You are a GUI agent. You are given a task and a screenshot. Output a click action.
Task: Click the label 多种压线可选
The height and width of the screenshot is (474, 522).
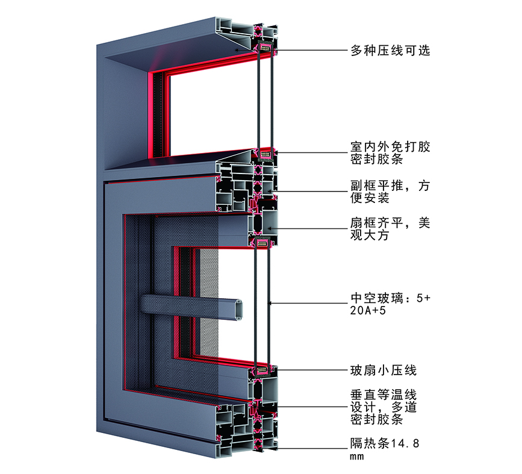coord(390,51)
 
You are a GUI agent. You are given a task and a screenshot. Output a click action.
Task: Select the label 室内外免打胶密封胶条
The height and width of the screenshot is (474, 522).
coord(390,153)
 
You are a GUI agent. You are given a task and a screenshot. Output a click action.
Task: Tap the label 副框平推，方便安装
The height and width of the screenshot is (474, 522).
coord(390,192)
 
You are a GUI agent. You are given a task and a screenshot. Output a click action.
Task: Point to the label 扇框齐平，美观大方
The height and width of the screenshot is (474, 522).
coord(390,229)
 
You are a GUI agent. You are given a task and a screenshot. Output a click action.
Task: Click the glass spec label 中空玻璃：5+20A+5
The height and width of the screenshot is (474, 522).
coord(390,304)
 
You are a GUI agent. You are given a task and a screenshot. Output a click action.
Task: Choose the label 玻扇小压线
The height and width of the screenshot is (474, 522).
coord(384,370)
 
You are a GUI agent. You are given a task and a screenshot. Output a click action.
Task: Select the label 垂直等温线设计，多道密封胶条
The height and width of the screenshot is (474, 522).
coord(384,407)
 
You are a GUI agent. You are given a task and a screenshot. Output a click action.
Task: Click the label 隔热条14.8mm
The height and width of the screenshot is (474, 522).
coord(385,449)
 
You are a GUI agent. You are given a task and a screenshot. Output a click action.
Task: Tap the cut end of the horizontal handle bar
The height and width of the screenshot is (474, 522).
coord(238,310)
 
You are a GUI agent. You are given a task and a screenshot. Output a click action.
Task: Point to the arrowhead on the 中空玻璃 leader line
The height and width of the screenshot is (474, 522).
coord(270,303)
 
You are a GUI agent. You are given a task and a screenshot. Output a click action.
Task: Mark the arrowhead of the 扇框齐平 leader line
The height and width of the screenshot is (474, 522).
coord(270,228)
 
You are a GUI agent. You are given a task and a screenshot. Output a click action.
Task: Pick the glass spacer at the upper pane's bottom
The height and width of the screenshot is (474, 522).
coord(266,154)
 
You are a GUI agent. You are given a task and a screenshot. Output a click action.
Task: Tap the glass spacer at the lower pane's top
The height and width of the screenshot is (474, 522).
coord(263,243)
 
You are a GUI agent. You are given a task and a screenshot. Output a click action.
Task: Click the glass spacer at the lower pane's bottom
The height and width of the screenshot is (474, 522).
coord(263,370)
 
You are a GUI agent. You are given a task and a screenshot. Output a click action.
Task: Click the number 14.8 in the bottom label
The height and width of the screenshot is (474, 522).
coord(405,443)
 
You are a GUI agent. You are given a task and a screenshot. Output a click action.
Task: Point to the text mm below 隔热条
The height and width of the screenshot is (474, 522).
coord(357,457)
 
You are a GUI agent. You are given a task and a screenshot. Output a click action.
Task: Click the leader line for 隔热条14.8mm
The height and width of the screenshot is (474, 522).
coord(312,448)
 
